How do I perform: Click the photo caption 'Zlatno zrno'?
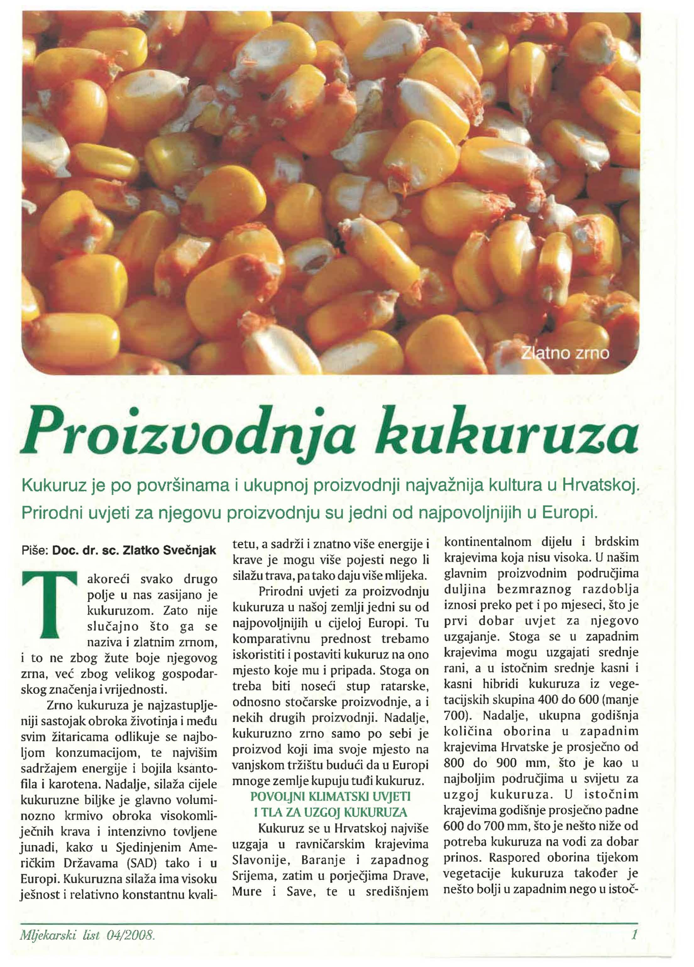click(565, 354)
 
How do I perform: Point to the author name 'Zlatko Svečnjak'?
click(170, 551)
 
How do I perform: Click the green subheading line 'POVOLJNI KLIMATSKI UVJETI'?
click(331, 796)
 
